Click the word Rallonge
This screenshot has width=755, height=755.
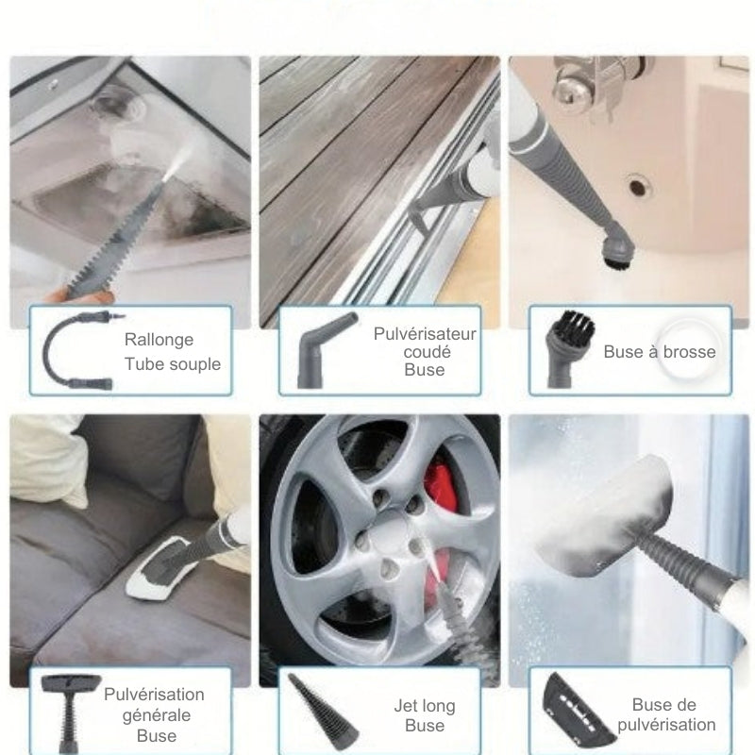tap(159, 340)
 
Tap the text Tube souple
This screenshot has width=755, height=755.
tap(173, 364)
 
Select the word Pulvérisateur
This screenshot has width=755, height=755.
tap(425, 334)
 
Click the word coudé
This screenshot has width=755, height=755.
tap(428, 352)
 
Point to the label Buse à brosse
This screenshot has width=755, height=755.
tap(660, 352)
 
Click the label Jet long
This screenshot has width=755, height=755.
tap(425, 706)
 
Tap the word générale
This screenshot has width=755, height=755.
tap(157, 715)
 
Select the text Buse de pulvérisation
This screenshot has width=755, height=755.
tap(666, 714)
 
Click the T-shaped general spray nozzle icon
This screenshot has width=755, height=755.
tap(70, 712)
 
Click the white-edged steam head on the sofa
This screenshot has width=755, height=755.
tap(162, 568)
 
